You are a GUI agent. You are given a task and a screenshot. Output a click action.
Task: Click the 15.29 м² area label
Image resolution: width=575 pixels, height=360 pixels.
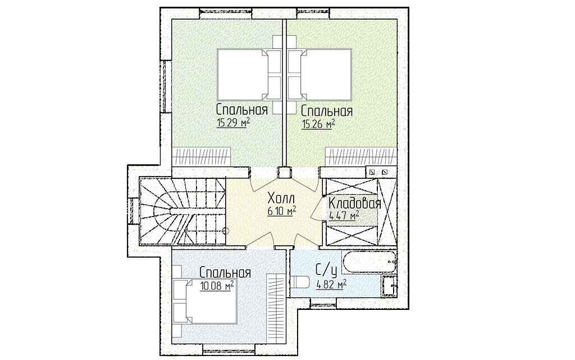point(233,123)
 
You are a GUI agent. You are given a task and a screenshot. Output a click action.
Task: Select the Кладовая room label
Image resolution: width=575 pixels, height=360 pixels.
point(355,203)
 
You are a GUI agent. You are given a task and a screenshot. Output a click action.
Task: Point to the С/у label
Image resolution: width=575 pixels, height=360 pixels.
point(326,271)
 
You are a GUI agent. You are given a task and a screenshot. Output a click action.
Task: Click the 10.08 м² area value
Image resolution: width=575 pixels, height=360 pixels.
point(217,285)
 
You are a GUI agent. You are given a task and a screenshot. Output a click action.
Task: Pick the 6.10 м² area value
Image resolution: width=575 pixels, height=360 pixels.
point(282,211)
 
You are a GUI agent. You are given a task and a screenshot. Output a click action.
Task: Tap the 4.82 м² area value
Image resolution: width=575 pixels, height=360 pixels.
point(331,284)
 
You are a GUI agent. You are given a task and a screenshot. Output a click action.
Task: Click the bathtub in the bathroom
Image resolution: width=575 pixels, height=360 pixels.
point(369,262)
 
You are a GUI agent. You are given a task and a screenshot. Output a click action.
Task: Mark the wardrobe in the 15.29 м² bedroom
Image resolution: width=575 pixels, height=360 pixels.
point(202,157)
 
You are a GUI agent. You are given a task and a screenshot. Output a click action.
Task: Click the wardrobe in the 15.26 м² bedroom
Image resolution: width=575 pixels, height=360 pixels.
point(361,157)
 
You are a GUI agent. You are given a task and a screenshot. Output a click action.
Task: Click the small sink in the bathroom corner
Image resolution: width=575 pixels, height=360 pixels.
point(389,285)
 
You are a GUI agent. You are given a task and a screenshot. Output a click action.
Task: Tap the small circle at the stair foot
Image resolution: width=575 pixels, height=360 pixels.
point(226,231)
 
